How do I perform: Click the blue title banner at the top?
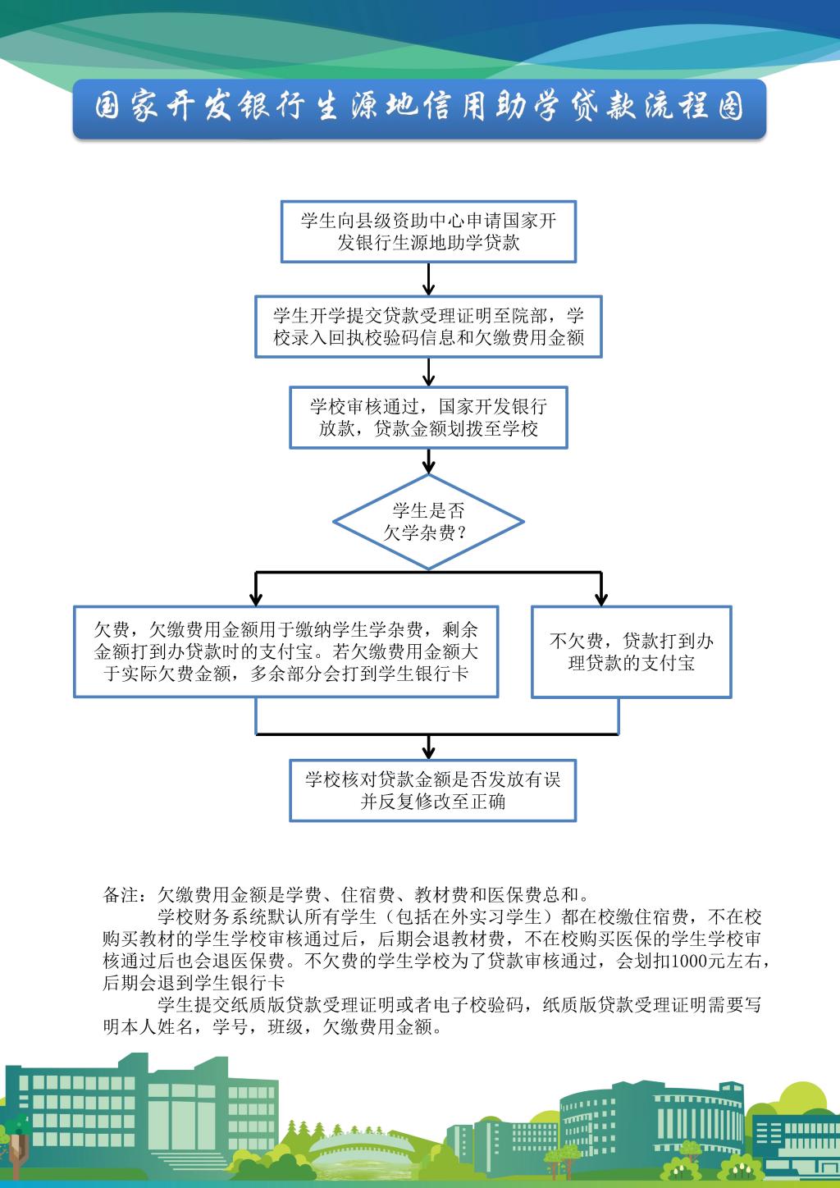pos(419,109)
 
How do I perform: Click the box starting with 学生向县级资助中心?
pos(428,231)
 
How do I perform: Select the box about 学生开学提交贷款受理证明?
pos(428,327)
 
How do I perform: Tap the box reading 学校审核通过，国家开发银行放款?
pos(428,418)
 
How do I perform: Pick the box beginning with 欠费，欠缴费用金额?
pos(285,651)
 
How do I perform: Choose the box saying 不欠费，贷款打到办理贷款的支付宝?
pos(632,652)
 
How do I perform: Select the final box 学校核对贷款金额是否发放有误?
pos(433,791)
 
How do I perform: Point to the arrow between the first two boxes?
pos(428,279)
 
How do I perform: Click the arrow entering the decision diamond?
pos(428,461)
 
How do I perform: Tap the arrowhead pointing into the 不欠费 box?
pos(600,599)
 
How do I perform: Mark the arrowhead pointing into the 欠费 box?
pos(256,599)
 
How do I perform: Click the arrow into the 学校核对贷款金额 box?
pos(428,747)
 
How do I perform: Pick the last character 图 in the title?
pos(731,107)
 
